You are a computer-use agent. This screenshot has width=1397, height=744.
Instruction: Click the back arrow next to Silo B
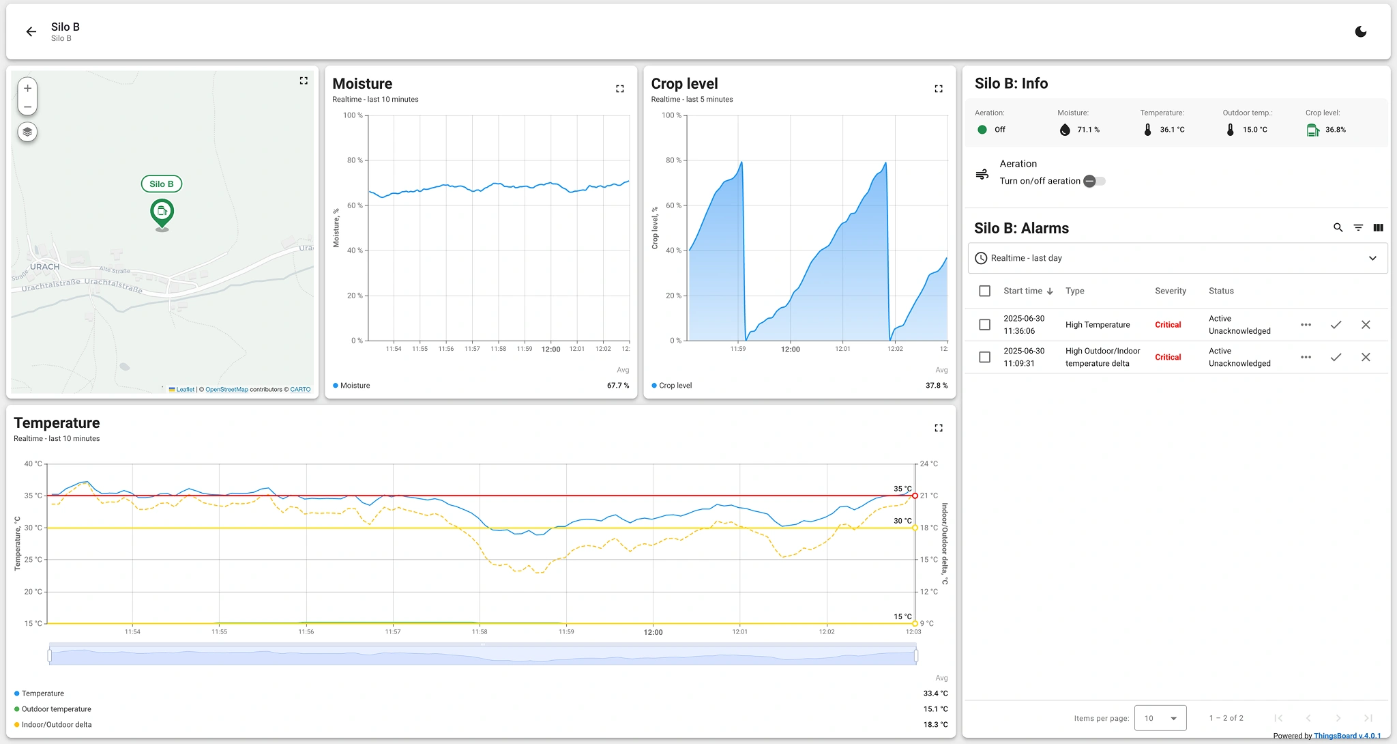[x=31, y=31]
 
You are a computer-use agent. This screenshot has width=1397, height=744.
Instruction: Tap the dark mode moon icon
[x=1360, y=31]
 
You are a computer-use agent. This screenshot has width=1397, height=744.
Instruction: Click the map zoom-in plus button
[x=27, y=88]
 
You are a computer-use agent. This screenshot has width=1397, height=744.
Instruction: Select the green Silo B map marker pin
[x=162, y=212]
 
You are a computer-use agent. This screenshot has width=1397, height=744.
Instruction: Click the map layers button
[x=27, y=132]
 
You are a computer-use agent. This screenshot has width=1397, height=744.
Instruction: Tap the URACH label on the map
[x=44, y=267]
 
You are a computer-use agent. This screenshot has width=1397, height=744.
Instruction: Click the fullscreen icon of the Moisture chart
[x=619, y=89]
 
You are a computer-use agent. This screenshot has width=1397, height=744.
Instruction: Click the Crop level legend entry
[x=675, y=386]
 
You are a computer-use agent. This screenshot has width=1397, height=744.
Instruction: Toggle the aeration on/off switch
[x=1094, y=181]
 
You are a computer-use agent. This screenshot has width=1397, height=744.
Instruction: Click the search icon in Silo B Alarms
[x=1338, y=228]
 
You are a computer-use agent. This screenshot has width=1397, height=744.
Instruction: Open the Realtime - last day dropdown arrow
[x=1372, y=258]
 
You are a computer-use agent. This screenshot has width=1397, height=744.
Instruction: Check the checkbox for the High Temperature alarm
[x=984, y=325]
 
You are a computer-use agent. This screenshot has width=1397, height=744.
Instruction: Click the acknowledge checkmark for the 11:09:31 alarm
[x=1336, y=357]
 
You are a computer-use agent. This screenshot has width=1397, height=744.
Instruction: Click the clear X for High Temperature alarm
[x=1366, y=325]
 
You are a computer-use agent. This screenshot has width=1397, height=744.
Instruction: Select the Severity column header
[x=1170, y=291]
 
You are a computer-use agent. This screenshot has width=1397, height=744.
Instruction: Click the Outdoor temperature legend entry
[x=56, y=709]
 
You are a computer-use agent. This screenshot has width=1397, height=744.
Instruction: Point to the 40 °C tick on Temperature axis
[x=33, y=464]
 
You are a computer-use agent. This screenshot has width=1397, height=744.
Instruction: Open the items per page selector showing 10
[x=1160, y=718]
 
